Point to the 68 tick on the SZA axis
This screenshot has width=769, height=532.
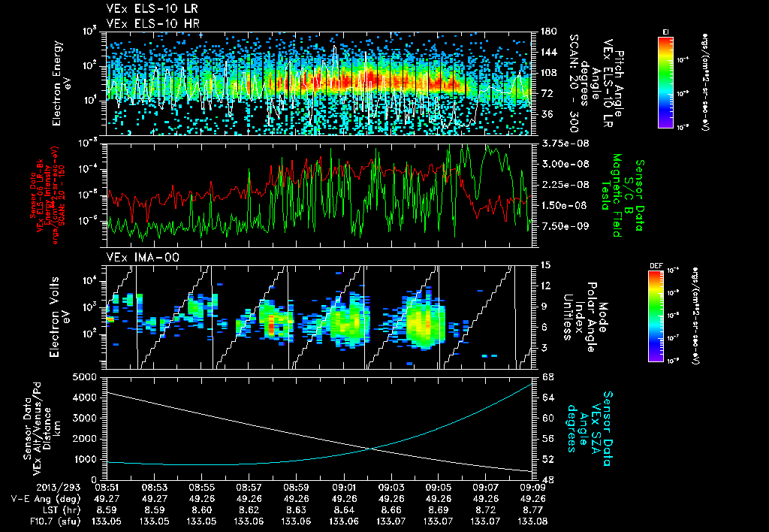[x=547, y=376]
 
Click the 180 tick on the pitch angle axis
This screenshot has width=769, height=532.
[x=547, y=31]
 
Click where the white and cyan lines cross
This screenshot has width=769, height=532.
[x=372, y=449]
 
